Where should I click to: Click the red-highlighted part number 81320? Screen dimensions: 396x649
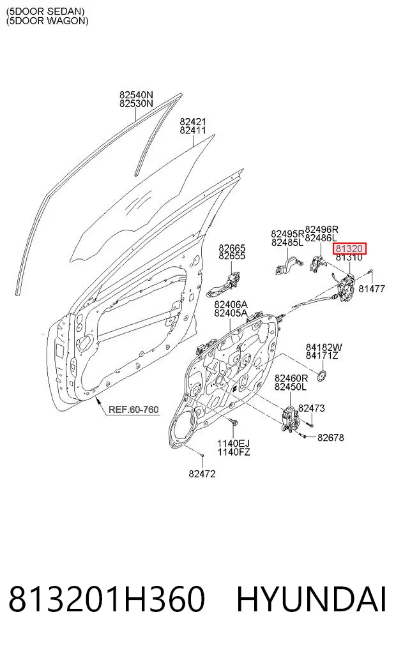(350, 249)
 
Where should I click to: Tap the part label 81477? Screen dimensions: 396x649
(372, 289)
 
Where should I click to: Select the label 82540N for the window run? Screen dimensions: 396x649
(136, 95)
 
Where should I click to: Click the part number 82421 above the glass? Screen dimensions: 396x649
(193, 122)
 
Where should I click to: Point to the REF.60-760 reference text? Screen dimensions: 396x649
(133, 410)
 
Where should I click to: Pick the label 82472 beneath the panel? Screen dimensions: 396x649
(202, 474)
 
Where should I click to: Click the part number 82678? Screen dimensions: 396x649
(331, 438)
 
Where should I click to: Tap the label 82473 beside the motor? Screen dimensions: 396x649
(312, 408)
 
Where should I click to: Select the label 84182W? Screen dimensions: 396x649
(324, 348)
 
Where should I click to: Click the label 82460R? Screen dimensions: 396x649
(291, 378)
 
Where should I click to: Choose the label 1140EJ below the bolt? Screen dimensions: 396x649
(233, 444)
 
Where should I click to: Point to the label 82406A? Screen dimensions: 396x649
(231, 305)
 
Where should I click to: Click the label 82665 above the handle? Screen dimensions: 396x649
(232, 248)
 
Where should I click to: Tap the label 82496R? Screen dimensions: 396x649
(321, 230)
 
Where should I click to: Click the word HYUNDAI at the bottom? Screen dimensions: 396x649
(312, 599)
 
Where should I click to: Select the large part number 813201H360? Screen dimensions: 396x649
(107, 599)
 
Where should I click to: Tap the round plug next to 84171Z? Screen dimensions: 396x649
(322, 376)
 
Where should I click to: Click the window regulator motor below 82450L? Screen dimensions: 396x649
(290, 420)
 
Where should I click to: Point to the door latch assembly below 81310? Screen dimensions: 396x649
(347, 287)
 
